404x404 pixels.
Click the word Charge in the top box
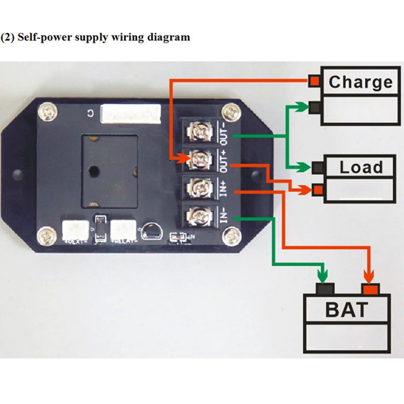tap(360, 82)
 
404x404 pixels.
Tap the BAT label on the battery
tap(346, 310)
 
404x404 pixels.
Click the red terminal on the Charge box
tap(315, 81)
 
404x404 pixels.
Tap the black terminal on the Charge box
tap(315, 107)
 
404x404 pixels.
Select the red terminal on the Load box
tap(318, 190)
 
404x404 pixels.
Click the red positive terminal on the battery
tap(370, 289)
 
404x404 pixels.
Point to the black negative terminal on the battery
tap(325, 289)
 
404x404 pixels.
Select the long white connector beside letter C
tap(131, 114)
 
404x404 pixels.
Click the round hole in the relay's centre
tap(92, 171)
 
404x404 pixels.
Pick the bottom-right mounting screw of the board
tap(233, 234)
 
